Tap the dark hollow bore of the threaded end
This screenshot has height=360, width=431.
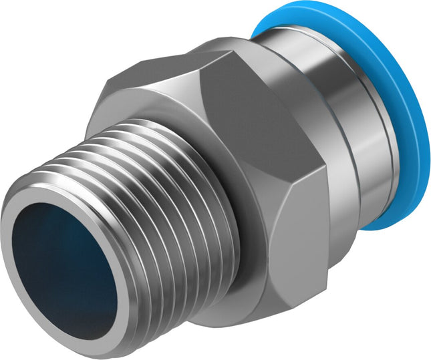pyautogui.click(x=63, y=267)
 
